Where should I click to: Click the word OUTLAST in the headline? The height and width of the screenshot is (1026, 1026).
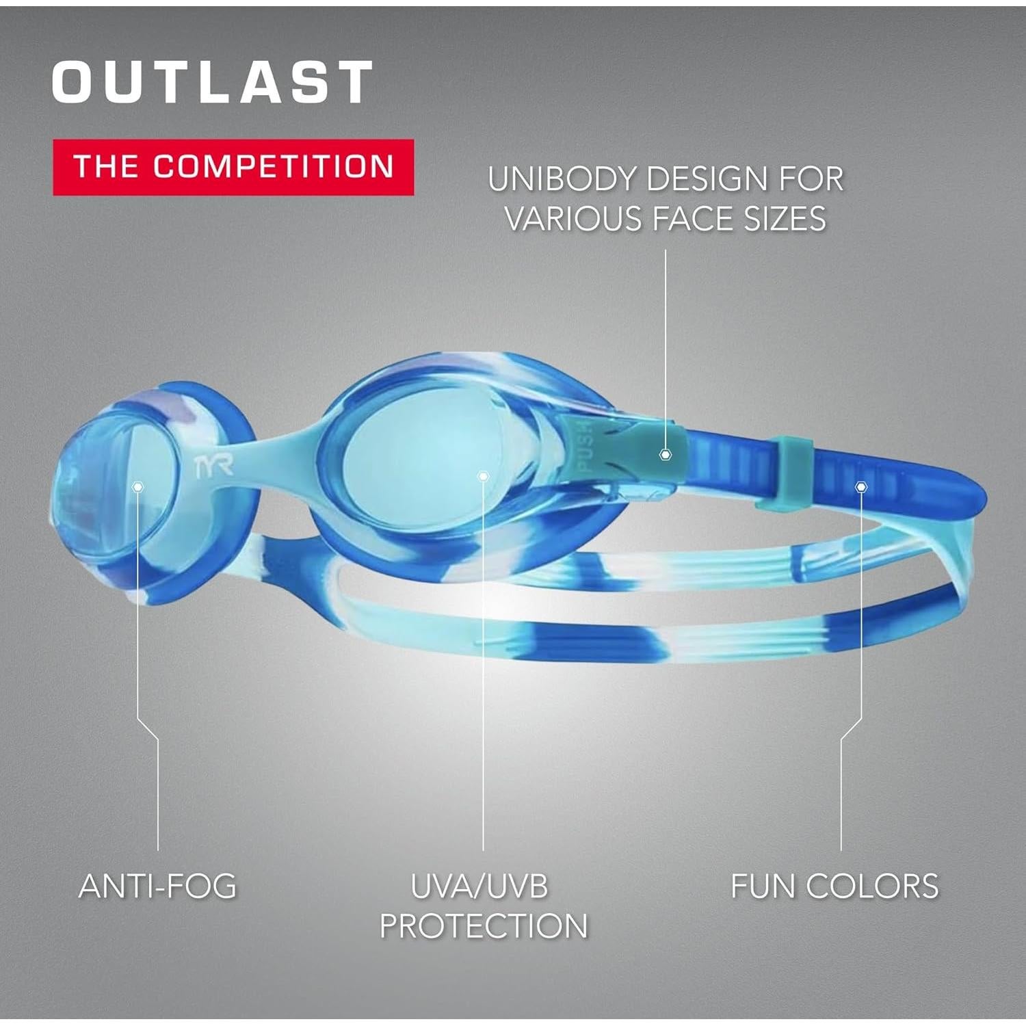[212, 82]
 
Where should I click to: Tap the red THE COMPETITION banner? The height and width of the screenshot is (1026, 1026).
[233, 168]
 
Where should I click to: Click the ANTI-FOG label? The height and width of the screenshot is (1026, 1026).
[158, 886]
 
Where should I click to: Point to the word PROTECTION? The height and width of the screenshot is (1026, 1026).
[484, 926]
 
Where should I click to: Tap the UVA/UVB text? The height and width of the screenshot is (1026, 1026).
[479, 886]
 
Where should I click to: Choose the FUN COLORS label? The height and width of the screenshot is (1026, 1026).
[834, 886]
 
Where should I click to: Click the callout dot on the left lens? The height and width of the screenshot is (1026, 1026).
[138, 486]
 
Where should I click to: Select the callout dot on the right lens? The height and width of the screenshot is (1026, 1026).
[483, 476]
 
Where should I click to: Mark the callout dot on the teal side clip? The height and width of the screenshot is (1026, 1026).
[665, 455]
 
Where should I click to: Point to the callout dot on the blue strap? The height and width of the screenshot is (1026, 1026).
[860, 486]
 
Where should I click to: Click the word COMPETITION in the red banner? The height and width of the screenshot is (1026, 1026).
[273, 167]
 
